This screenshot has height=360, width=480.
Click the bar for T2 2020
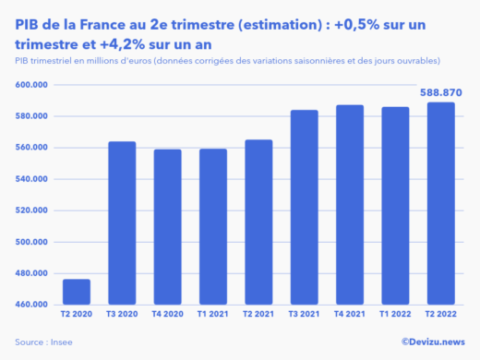pos(77,292)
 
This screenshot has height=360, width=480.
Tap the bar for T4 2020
pos(167,226)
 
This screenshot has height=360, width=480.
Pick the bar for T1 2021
pos(212,226)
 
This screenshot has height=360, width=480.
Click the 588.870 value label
pos(439,92)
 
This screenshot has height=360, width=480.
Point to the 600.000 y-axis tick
pos(32,85)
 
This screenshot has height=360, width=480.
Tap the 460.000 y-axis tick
pos(32,305)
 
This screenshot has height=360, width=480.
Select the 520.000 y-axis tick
pos(32,210)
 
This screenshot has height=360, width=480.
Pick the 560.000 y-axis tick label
pos(32,148)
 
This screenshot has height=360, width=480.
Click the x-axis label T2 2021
pos(258,316)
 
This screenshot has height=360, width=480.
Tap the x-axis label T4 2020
pos(167,316)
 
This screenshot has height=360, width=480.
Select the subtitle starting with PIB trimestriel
pos(227,61)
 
